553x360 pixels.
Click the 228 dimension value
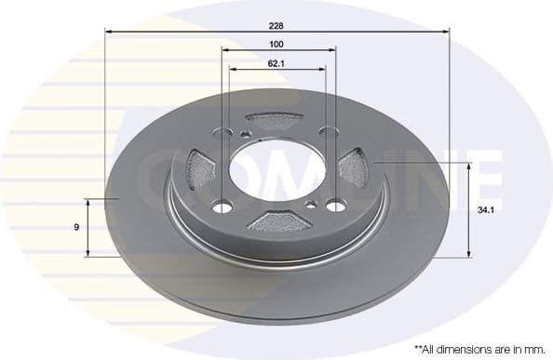point(276,25)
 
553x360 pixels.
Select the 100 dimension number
point(276,45)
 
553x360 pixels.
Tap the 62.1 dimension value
point(276,64)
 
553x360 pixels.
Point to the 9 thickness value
point(77,226)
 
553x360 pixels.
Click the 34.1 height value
point(484,210)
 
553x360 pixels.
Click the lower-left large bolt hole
point(222,207)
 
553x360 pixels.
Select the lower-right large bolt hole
point(332,206)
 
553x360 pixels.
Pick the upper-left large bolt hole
point(223,132)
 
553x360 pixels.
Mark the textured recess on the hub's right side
point(354,170)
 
